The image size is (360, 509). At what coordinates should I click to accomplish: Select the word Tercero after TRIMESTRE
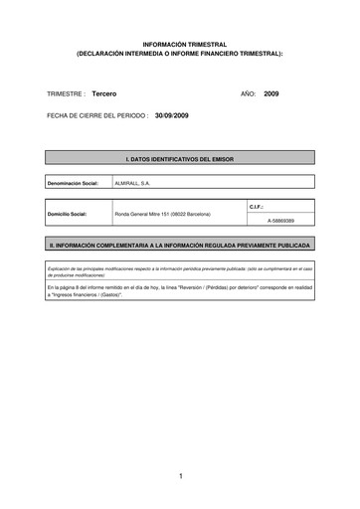(x=104, y=92)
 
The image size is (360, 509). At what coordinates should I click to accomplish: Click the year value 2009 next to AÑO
(x=272, y=92)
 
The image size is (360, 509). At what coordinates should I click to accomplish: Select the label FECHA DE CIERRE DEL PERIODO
(x=96, y=115)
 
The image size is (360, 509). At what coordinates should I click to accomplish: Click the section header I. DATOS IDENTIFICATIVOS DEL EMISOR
(x=180, y=158)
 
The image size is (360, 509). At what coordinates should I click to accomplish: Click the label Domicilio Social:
(x=68, y=215)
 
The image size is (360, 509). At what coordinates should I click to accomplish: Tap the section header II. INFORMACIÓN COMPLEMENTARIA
(x=180, y=244)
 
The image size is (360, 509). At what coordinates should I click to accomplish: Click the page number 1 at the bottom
(x=180, y=476)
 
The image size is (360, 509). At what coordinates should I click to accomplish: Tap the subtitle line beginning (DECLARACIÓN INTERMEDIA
(x=180, y=55)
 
